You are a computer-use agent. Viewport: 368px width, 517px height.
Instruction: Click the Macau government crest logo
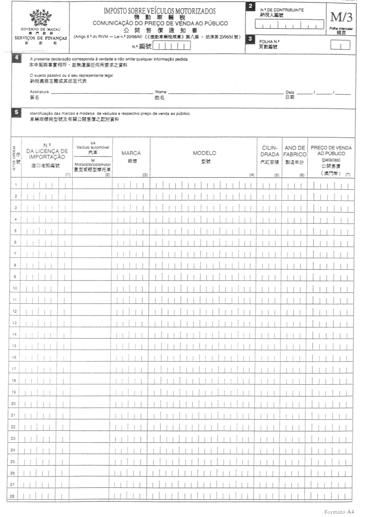click(40, 16)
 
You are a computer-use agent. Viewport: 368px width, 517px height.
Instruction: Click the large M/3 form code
click(341, 16)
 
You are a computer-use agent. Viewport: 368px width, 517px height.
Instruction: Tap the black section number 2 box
click(250, 6)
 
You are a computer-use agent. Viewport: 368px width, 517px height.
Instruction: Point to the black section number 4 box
click(17, 58)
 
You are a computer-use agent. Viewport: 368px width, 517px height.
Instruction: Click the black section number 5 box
click(17, 112)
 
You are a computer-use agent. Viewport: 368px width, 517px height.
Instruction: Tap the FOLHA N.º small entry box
click(337, 45)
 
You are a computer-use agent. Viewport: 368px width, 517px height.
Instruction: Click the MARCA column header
click(131, 153)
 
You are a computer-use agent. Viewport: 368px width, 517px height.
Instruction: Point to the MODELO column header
click(204, 153)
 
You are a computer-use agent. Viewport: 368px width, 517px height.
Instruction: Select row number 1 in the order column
click(16, 184)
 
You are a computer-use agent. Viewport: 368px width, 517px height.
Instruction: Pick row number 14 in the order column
click(16, 334)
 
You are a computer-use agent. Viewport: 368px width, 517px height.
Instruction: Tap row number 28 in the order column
click(16, 495)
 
